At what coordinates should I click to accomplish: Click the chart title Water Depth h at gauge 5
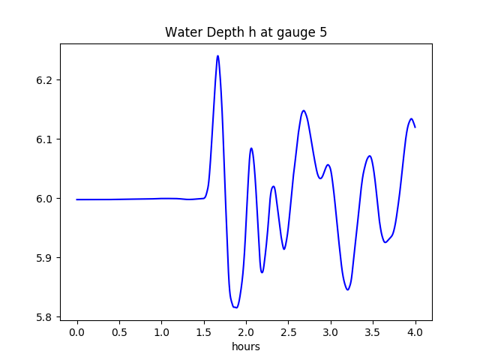coord(245,33)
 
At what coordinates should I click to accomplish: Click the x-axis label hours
coord(245,346)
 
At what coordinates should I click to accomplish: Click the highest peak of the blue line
coord(217,55)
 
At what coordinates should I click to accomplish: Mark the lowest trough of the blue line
coord(235,307)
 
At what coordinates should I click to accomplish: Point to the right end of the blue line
coord(415,127)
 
